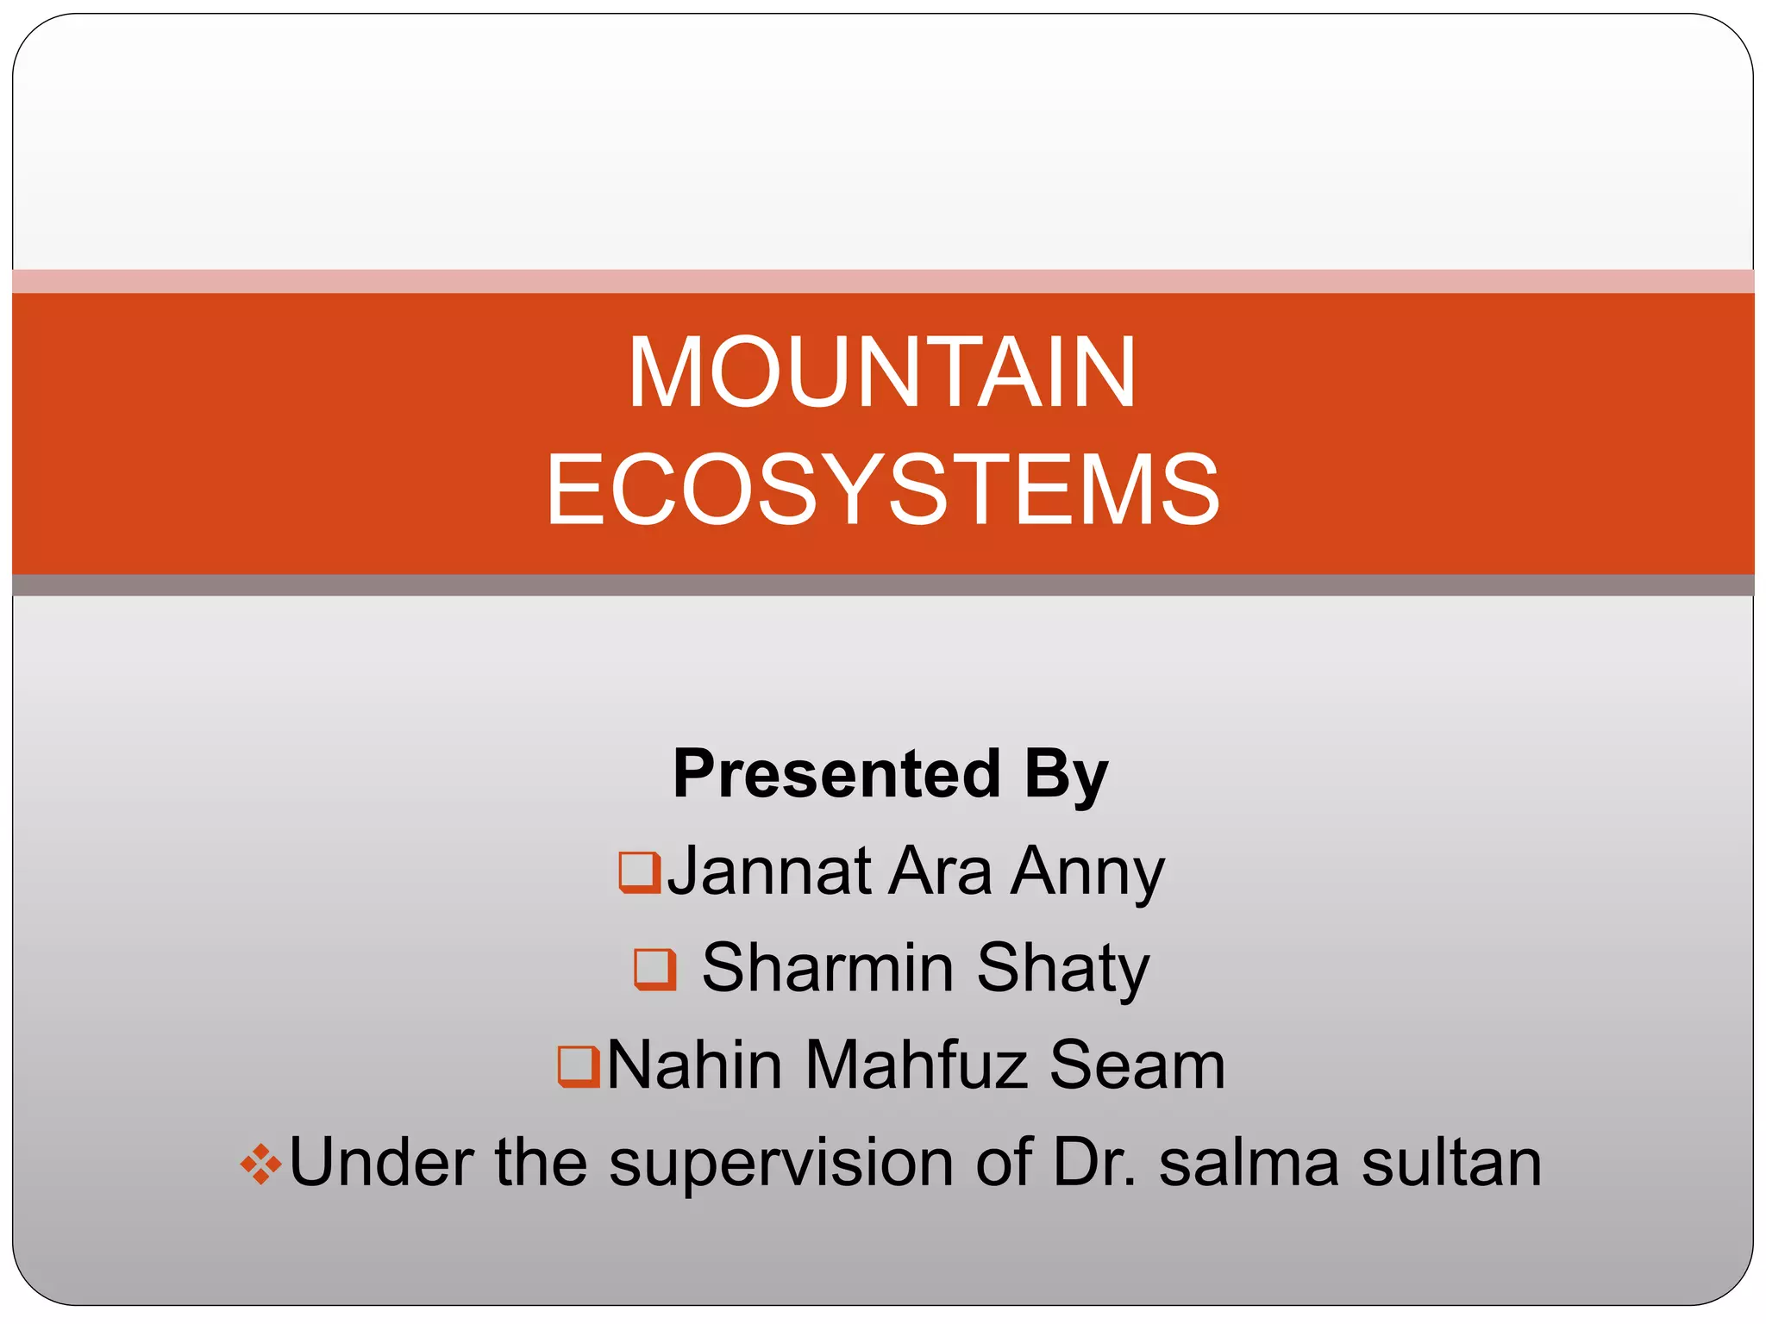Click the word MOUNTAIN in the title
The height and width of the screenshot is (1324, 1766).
coord(882,372)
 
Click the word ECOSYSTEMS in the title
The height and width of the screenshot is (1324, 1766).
coord(882,490)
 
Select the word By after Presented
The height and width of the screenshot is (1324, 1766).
coord(1066,774)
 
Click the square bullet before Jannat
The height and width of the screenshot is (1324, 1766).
coord(640,872)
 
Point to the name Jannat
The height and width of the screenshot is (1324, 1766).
coord(769,871)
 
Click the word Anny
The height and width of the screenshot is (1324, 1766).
coord(1088,873)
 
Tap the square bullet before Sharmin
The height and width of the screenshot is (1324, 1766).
coord(654,969)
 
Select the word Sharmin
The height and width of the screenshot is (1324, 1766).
coord(828,968)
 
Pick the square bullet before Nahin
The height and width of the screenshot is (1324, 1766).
coord(579,1066)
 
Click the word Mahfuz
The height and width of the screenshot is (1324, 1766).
coord(917,1065)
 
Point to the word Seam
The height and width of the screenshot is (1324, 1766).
coord(1137,1065)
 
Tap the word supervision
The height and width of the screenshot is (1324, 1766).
coord(780,1164)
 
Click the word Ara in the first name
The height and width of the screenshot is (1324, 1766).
coord(940,871)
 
